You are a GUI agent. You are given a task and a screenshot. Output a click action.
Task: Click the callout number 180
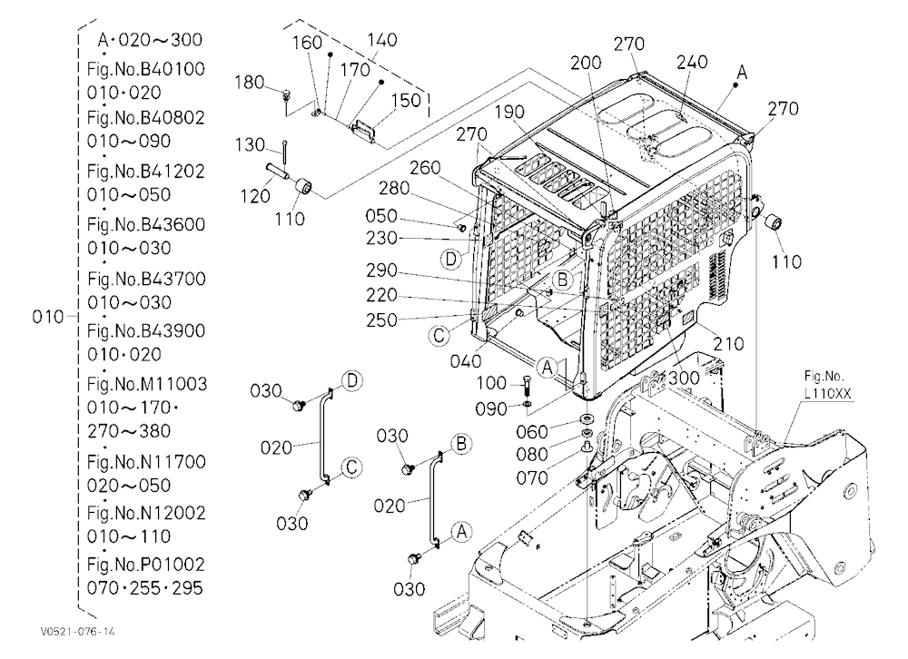pos(250,83)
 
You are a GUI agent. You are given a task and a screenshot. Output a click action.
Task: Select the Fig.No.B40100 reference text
pos(146,69)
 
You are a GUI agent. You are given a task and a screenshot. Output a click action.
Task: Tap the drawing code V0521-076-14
pos(77,631)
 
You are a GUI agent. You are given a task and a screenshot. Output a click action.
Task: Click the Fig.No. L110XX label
pos(827,385)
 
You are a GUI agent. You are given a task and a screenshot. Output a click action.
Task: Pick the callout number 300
pos(684,379)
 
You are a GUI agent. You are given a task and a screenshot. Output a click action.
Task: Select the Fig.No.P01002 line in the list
pos(146,564)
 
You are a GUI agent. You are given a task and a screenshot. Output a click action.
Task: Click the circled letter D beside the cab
pos(451,259)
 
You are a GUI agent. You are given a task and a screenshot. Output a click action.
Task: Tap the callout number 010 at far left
pos(48,317)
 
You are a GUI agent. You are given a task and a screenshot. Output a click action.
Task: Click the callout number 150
pos(406,100)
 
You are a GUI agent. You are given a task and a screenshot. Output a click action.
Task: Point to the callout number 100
pos(491,383)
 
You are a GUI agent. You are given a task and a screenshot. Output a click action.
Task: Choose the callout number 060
pos(531,431)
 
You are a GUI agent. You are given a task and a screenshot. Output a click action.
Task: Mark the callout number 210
pos(728,344)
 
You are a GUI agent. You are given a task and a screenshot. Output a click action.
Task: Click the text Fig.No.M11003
pos(147,384)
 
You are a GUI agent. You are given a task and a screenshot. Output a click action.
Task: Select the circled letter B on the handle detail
pos(461,444)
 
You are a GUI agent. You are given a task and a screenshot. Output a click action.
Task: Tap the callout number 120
pos(255,196)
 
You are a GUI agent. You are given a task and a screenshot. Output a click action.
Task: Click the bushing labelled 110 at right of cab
pos(775,223)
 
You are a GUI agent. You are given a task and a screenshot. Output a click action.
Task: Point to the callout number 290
pos(381,270)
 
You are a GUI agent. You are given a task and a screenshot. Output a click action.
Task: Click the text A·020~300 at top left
pos(150,39)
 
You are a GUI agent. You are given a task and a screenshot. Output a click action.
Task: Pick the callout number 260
pos(425,167)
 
